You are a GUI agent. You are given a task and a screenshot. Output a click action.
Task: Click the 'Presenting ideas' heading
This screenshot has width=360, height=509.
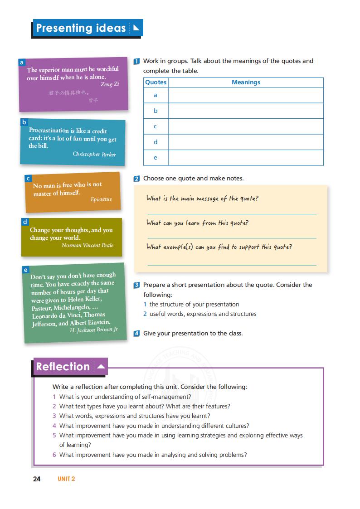point(81,29)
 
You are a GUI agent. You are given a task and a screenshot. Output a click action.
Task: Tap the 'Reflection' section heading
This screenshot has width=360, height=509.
point(63,367)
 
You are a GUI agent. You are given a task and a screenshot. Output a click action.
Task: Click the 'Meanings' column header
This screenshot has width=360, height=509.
point(246,82)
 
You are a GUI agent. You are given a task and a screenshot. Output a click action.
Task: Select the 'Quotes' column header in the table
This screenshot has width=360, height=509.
point(156,82)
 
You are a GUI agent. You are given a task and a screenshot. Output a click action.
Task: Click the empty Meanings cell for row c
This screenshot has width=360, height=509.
point(246,126)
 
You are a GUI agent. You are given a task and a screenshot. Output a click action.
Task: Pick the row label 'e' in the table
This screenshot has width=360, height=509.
point(156,158)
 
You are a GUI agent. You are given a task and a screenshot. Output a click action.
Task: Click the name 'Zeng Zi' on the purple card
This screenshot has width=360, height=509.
point(110,84)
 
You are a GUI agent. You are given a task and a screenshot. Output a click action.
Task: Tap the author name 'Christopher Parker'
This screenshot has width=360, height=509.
point(94,154)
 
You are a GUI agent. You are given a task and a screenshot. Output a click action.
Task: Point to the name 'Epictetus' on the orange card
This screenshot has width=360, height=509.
point(101,199)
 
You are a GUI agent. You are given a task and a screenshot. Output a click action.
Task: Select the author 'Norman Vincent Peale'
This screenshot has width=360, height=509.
point(88,245)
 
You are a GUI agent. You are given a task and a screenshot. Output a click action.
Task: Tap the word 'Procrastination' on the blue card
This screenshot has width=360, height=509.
point(49,131)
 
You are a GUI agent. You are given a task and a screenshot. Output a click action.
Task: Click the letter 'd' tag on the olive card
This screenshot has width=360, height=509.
point(25,222)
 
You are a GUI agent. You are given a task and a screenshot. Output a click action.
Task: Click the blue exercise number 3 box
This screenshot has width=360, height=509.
point(136,285)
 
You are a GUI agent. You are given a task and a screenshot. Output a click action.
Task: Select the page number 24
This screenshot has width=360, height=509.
point(37,479)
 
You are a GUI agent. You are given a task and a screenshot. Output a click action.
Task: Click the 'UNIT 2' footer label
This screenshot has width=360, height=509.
point(66,479)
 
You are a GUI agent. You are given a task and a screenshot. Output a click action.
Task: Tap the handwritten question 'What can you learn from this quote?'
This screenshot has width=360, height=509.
point(197,223)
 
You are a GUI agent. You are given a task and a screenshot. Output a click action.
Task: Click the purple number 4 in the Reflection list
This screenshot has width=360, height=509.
point(54,426)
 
